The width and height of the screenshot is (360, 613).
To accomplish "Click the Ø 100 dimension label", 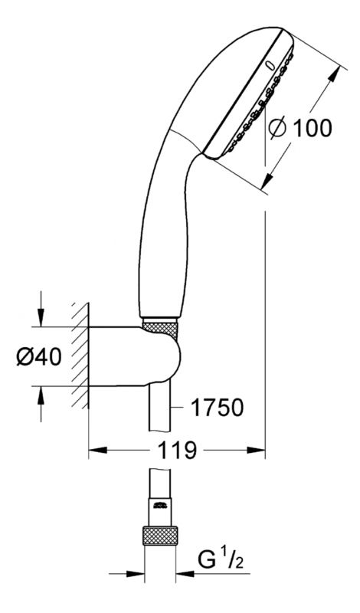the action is click(x=300, y=127).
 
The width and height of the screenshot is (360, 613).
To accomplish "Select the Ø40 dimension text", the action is click(x=39, y=356).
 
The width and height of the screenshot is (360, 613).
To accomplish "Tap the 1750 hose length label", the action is click(x=218, y=408).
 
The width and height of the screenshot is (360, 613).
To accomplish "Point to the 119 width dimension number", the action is click(x=177, y=451).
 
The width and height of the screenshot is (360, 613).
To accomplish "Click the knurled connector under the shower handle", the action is click(x=161, y=328).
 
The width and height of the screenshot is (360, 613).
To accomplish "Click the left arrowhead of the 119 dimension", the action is click(x=98, y=450).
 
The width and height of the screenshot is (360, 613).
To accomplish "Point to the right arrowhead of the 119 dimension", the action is click(x=256, y=450).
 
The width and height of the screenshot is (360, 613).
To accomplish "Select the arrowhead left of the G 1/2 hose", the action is click(x=136, y=574).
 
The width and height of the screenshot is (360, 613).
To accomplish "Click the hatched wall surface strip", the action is click(x=80, y=355).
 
